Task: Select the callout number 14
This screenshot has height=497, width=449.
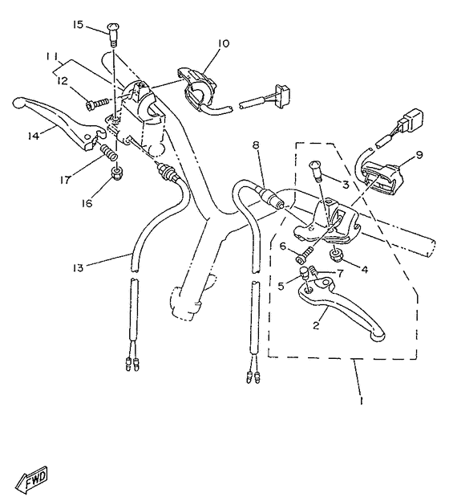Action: (33, 136)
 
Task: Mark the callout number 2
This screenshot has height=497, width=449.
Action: (317, 325)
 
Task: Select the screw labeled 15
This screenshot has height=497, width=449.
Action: (112, 33)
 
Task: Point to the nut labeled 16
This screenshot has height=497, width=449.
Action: (117, 171)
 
